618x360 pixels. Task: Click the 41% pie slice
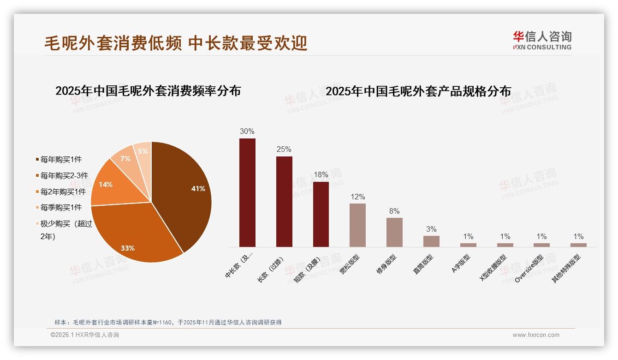184,189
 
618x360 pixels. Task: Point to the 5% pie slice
143,151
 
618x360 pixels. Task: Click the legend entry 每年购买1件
60,160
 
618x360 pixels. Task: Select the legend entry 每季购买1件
60,208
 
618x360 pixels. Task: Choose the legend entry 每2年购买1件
63,192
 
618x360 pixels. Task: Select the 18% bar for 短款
321,214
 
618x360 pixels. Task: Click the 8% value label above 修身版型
394,211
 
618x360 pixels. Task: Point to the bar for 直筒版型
431,241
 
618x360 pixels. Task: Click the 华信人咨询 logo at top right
542,40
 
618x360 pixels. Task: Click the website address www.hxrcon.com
536,335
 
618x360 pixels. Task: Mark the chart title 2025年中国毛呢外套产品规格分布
418,91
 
